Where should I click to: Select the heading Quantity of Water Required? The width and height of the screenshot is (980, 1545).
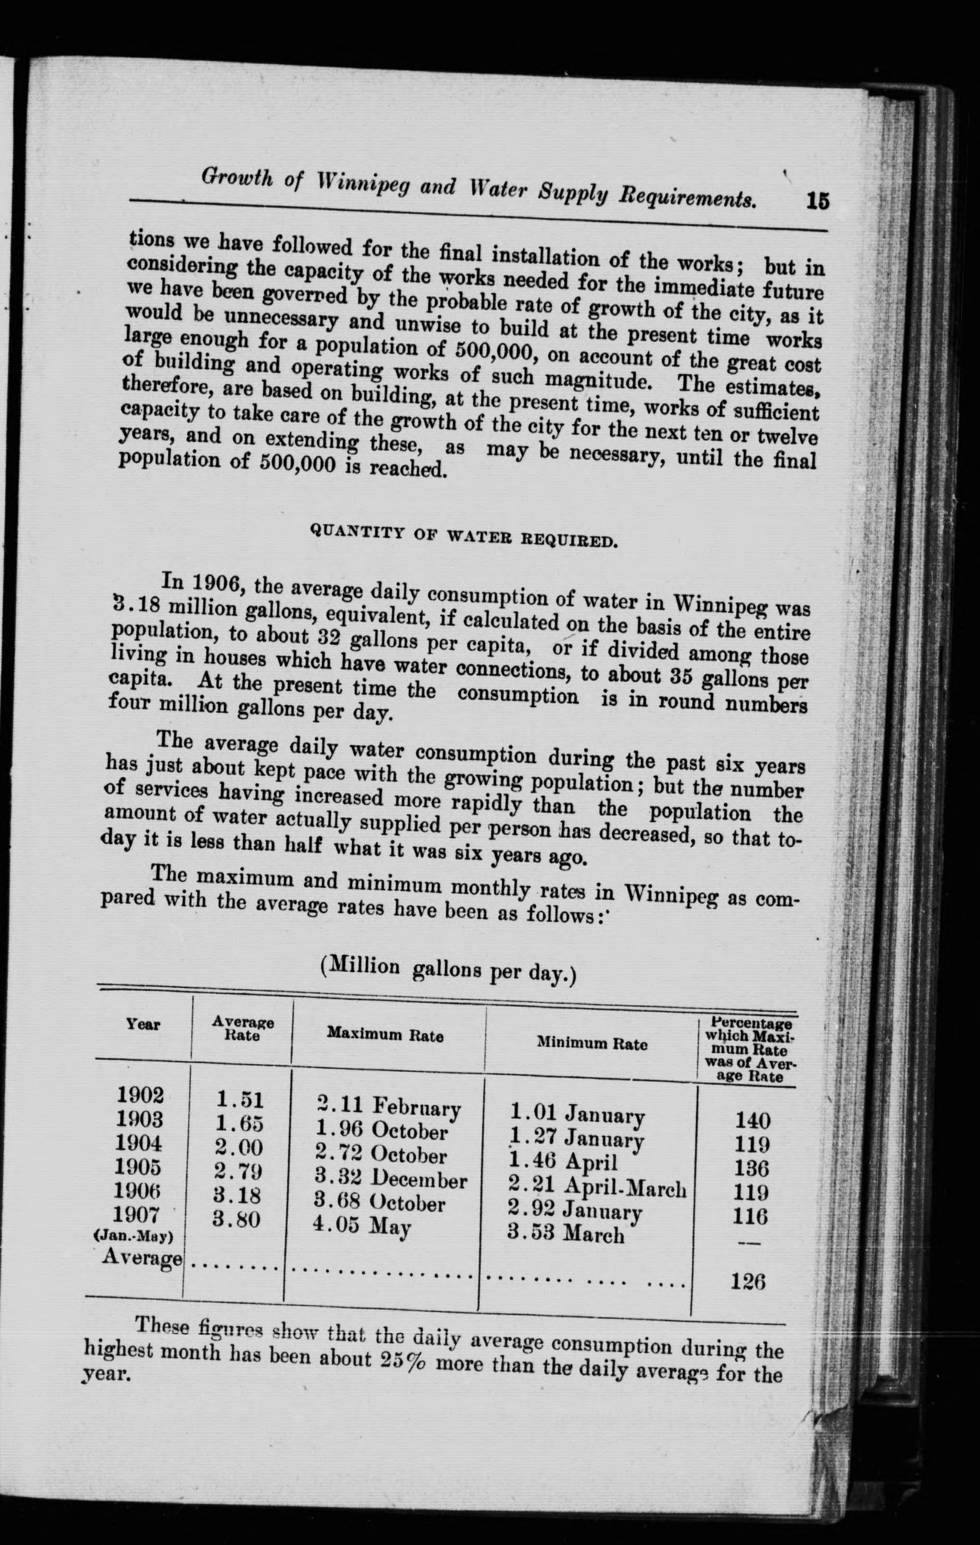pos(464,535)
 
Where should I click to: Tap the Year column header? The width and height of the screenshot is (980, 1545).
pos(143,1024)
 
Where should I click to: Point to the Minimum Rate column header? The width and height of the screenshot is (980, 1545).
pos(592,1044)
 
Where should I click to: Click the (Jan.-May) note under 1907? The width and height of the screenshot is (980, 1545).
pos(134,1236)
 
